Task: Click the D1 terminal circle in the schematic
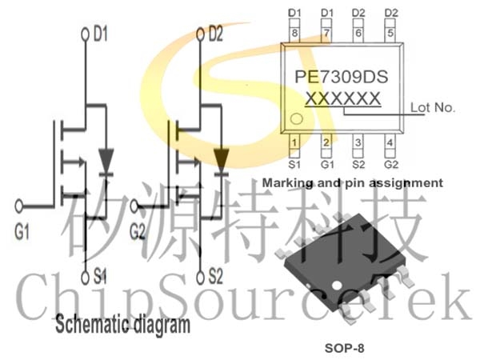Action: [x=86, y=34]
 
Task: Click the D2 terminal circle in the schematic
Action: [x=200, y=34]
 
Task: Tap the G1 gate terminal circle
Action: [x=18, y=206]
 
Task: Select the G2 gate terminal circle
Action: [x=134, y=206]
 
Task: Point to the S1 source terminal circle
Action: [x=86, y=278]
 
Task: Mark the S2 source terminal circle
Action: [x=200, y=278]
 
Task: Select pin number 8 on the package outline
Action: [x=294, y=33]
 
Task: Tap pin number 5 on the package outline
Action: [x=390, y=33]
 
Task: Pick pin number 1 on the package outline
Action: [x=294, y=142]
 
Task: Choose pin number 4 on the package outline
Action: [x=390, y=142]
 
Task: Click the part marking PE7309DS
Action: [x=342, y=77]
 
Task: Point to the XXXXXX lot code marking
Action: [x=343, y=98]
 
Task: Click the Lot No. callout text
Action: [x=433, y=107]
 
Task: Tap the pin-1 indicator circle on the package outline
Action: [x=296, y=118]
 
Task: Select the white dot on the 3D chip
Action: [x=337, y=286]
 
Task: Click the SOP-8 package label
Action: [x=344, y=348]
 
